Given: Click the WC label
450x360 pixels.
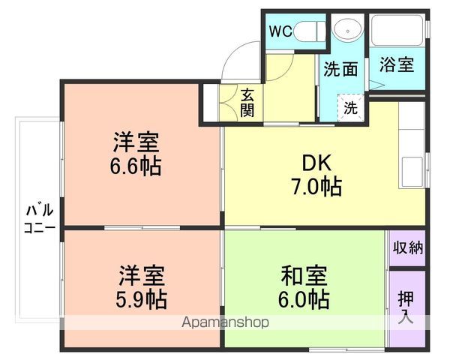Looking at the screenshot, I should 281,31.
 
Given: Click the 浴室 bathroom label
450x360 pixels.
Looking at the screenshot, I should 396,64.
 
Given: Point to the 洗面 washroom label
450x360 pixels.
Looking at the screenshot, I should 340,70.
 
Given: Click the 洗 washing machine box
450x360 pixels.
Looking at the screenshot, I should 350,106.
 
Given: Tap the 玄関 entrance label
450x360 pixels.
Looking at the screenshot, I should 247,103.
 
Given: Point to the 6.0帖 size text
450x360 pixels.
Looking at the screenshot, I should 302,298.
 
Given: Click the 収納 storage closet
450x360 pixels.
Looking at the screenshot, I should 407,247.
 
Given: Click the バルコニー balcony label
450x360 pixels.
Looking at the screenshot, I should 35,217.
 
